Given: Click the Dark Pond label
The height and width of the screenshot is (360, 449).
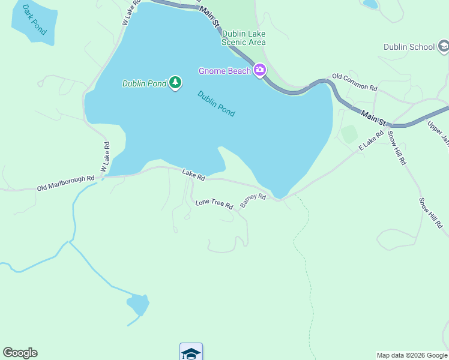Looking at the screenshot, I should pos(34,19).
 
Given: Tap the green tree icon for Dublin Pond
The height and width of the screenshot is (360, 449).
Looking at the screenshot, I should pos(175,82).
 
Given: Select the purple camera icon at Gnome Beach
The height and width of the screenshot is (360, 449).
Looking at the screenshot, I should pos(260,70).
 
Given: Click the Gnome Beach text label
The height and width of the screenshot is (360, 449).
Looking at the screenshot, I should pos(225,71).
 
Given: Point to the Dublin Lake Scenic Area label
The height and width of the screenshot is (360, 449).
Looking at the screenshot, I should pos(244,38).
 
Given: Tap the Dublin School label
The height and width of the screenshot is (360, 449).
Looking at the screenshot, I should pos(409,47).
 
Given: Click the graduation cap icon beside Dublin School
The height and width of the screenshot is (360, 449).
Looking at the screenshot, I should pos(444,46).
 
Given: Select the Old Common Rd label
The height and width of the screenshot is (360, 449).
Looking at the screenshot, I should pos(354,83).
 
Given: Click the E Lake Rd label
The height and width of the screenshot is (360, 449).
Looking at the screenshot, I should pos(371,140).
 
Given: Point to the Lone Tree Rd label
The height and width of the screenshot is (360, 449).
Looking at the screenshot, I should pos(214,204).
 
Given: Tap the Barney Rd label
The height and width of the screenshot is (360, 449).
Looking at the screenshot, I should pos(253,200).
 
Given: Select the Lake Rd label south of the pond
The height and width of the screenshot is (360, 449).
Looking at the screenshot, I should pos(194,175).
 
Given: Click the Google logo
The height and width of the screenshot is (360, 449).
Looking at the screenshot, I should pos(20,353).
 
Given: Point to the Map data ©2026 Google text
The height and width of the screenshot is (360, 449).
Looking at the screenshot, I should pos(411,355).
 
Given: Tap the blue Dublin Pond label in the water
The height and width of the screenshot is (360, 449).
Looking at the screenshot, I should pos(216,103).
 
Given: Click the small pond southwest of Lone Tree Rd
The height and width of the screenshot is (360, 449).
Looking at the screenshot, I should pos(138,304).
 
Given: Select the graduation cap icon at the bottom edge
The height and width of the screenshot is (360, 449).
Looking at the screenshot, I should pos(191,353).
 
